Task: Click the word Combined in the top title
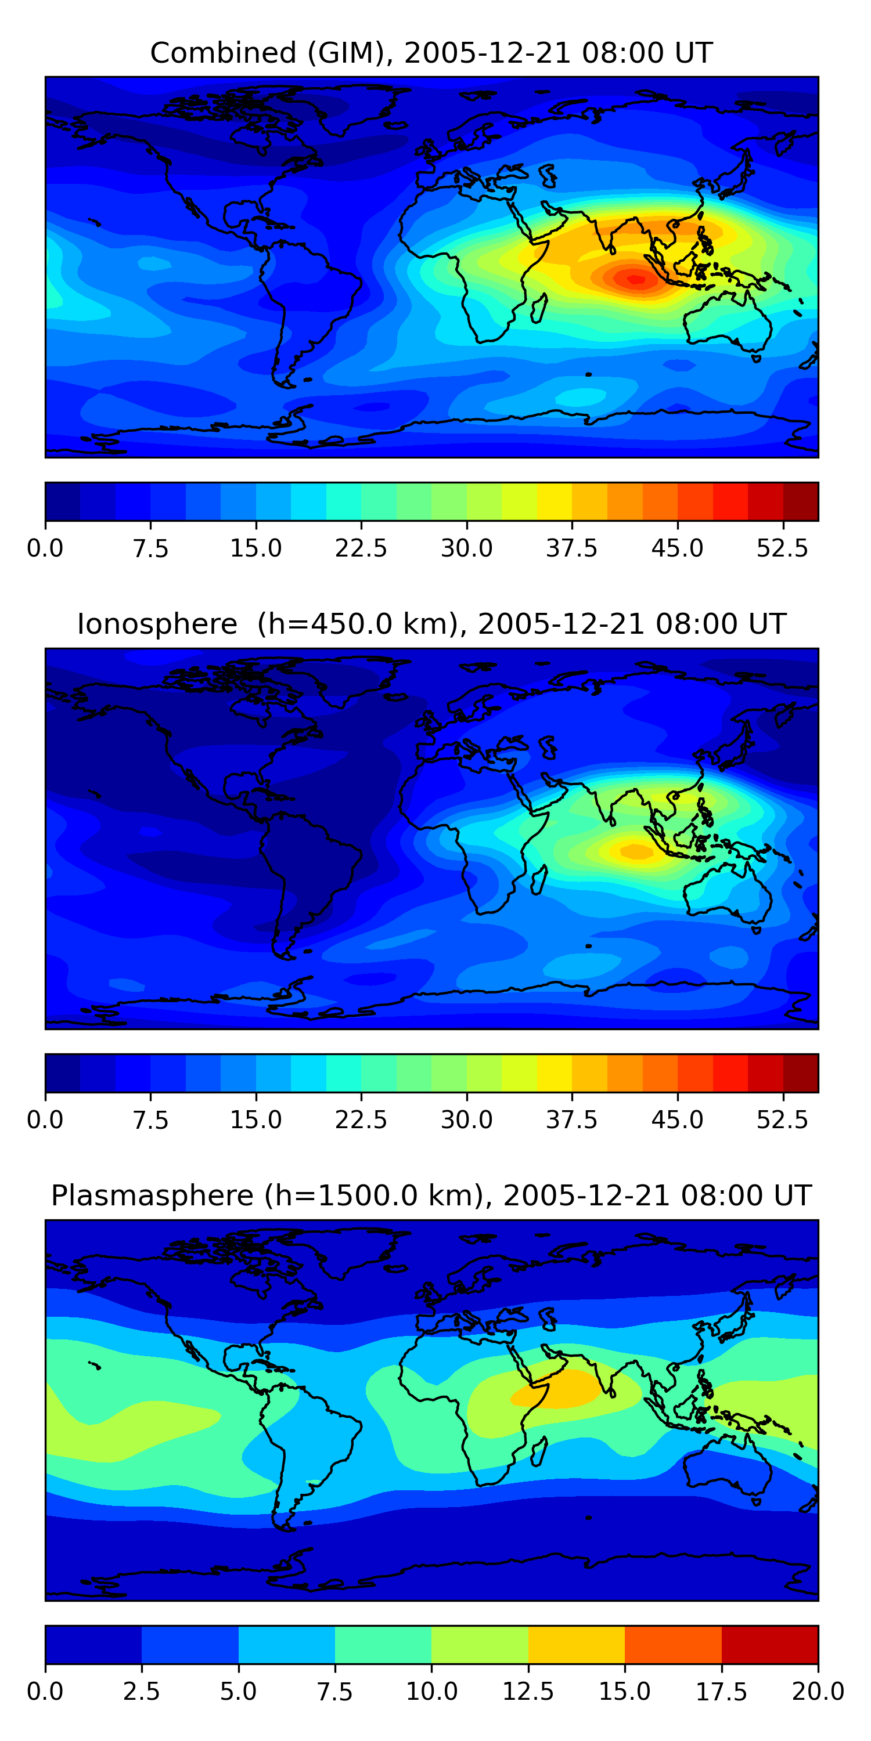[x=224, y=53]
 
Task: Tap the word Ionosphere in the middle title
[x=157, y=624]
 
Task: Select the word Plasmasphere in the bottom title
[x=152, y=1195]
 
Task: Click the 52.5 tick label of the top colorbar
[x=782, y=548]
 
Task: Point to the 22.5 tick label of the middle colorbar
[x=361, y=1120]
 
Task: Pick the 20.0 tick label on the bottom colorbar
[x=818, y=1692]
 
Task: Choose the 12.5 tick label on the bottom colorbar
[x=528, y=1692]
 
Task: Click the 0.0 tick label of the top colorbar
[x=45, y=548]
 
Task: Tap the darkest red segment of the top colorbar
[x=801, y=501]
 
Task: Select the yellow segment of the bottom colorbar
[x=576, y=1644]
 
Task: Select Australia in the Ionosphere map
[x=728, y=893]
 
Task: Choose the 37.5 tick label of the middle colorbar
[x=572, y=1120]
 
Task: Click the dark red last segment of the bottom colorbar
[x=770, y=1644]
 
